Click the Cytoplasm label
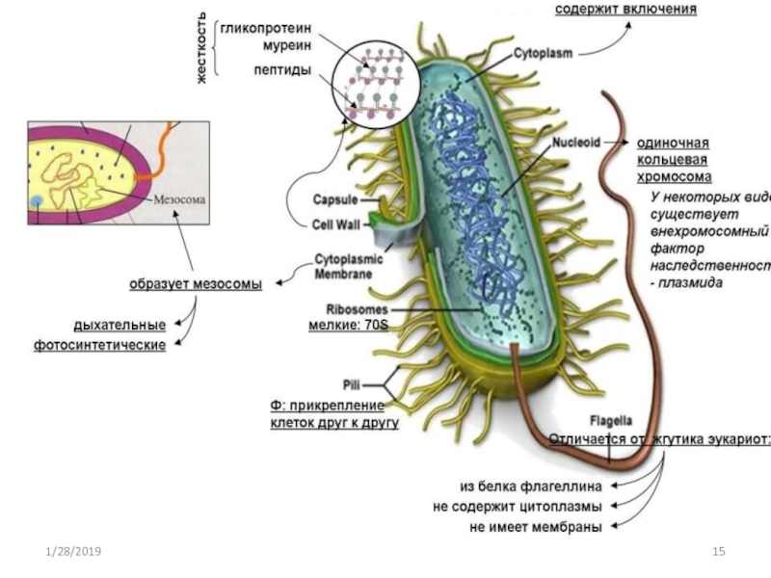tap(545, 54)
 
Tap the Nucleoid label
tap(576, 142)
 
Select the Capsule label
tap(335, 200)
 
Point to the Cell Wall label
tap(336, 223)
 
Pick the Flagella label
tap(611, 420)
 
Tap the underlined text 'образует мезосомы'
tap(196, 283)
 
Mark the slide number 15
tap(717, 551)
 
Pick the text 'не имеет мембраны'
tap(536, 526)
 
